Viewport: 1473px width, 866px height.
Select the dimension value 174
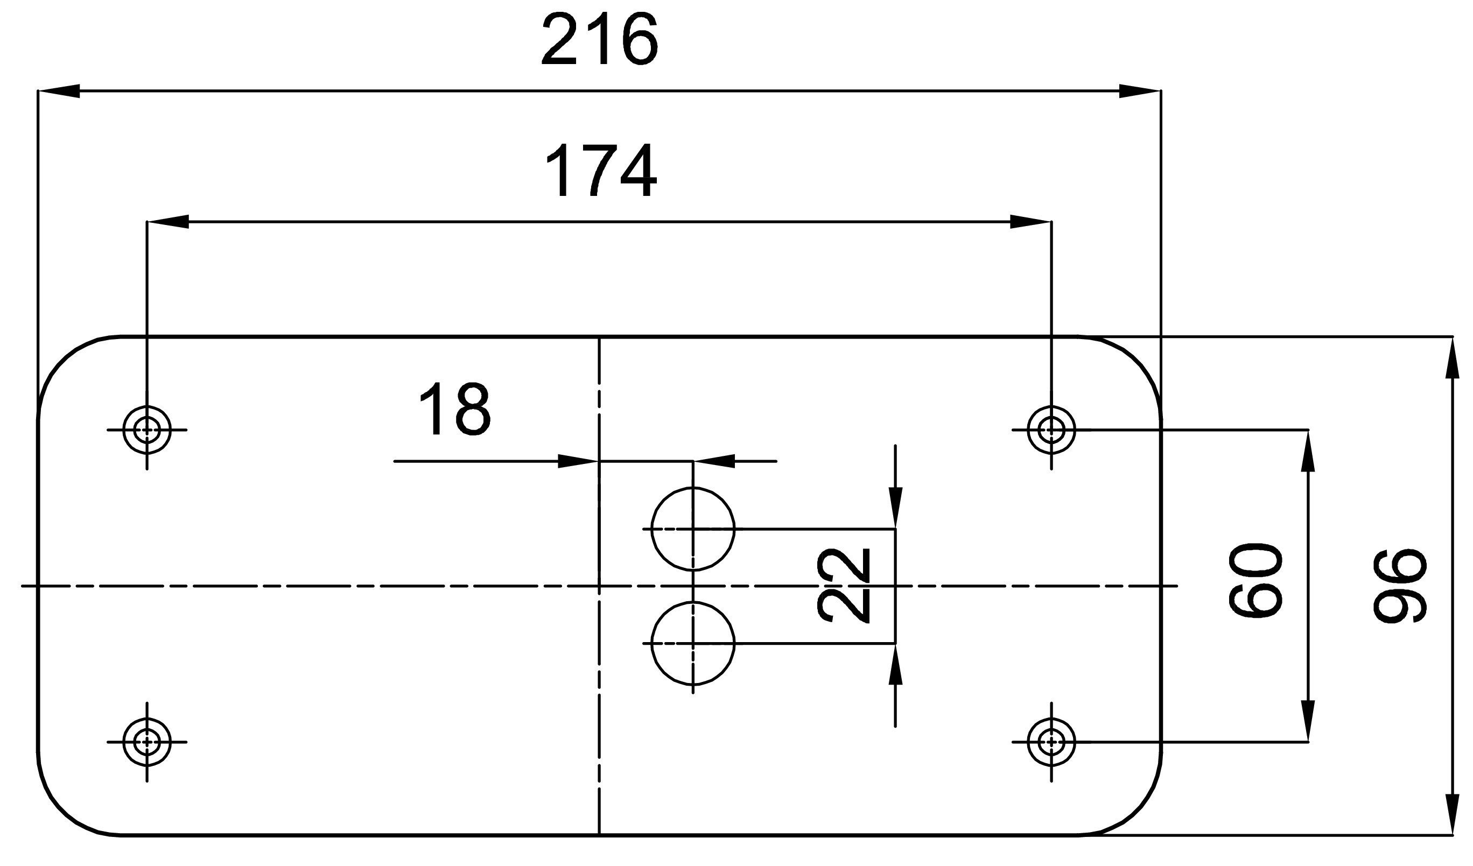pos(601,171)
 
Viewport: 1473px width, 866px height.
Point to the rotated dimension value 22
pos(843,586)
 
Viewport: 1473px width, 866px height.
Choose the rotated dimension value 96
pos(1399,586)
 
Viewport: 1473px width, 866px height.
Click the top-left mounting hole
pos(147,430)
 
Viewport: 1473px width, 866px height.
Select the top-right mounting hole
pos(1051,430)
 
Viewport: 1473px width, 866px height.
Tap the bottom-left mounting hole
pos(147,742)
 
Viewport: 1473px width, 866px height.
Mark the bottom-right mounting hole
pos(1051,742)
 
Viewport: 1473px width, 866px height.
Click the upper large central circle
pos(693,529)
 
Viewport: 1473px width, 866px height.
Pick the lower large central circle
pos(693,643)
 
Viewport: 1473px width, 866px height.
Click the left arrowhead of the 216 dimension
pos(59,91)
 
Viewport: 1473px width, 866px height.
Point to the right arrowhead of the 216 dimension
pos(1140,91)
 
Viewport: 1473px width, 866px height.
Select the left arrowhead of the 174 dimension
pos(169,222)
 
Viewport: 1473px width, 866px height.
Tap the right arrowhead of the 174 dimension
pos(1030,222)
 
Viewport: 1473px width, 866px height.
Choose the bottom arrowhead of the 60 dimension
pos(1308,721)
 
